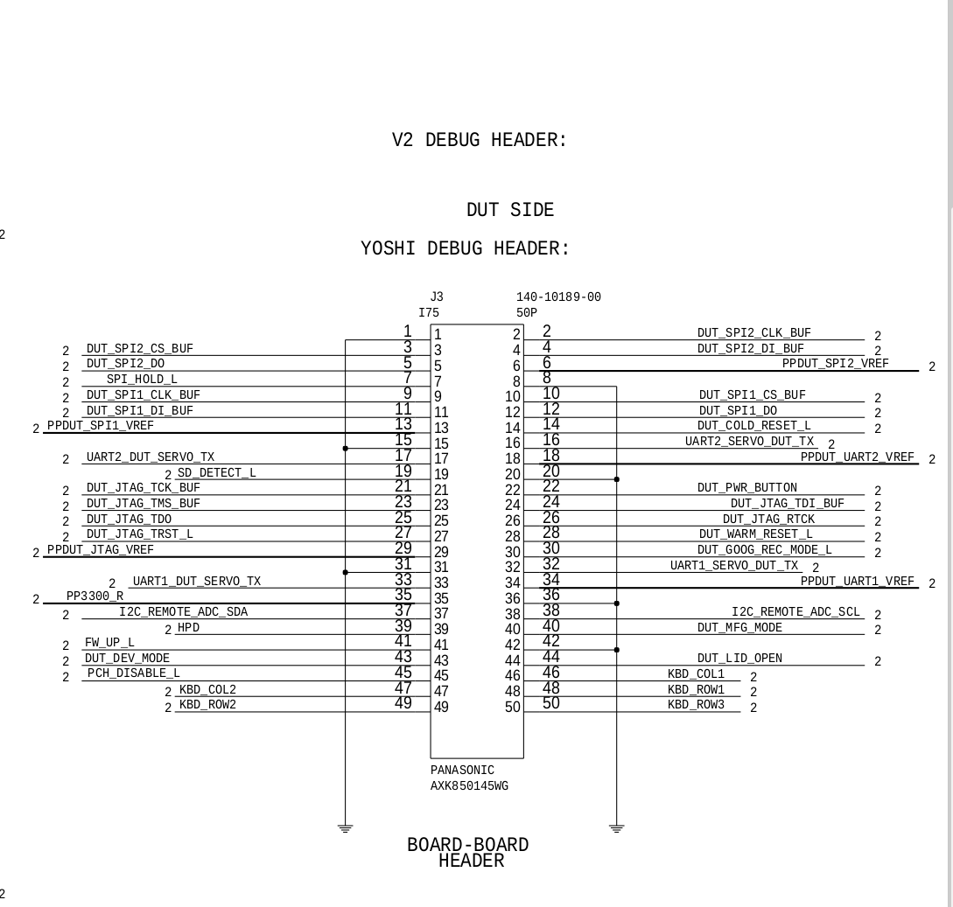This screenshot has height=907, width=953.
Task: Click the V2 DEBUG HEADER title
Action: click(x=479, y=140)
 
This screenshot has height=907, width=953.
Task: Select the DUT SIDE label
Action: click(x=510, y=210)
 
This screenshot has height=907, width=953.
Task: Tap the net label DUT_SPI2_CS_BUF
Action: click(x=140, y=349)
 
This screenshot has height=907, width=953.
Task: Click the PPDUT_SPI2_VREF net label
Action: click(x=835, y=364)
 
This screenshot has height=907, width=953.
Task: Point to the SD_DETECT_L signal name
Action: click(x=216, y=472)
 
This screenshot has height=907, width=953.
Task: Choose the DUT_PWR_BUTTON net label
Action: click(x=747, y=488)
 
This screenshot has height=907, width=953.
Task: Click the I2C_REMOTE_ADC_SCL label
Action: click(x=795, y=611)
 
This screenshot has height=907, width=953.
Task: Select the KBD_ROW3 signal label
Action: click(x=696, y=705)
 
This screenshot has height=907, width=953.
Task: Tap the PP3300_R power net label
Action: click(x=95, y=596)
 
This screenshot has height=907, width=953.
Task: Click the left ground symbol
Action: click(x=345, y=828)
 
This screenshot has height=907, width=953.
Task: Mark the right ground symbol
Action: click(x=616, y=828)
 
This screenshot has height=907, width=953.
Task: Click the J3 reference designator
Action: click(x=437, y=297)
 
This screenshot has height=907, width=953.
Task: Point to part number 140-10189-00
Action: click(x=558, y=297)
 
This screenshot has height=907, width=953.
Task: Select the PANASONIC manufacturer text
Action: click(x=462, y=771)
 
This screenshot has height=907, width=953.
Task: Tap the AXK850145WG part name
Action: click(x=469, y=786)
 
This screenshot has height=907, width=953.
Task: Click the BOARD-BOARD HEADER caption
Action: click(x=468, y=853)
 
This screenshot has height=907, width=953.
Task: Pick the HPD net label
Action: click(x=188, y=627)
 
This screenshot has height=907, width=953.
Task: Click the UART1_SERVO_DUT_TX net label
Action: click(x=734, y=566)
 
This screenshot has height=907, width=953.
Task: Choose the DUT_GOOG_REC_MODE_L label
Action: click(x=765, y=550)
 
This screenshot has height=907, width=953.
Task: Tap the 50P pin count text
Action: click(x=527, y=313)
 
